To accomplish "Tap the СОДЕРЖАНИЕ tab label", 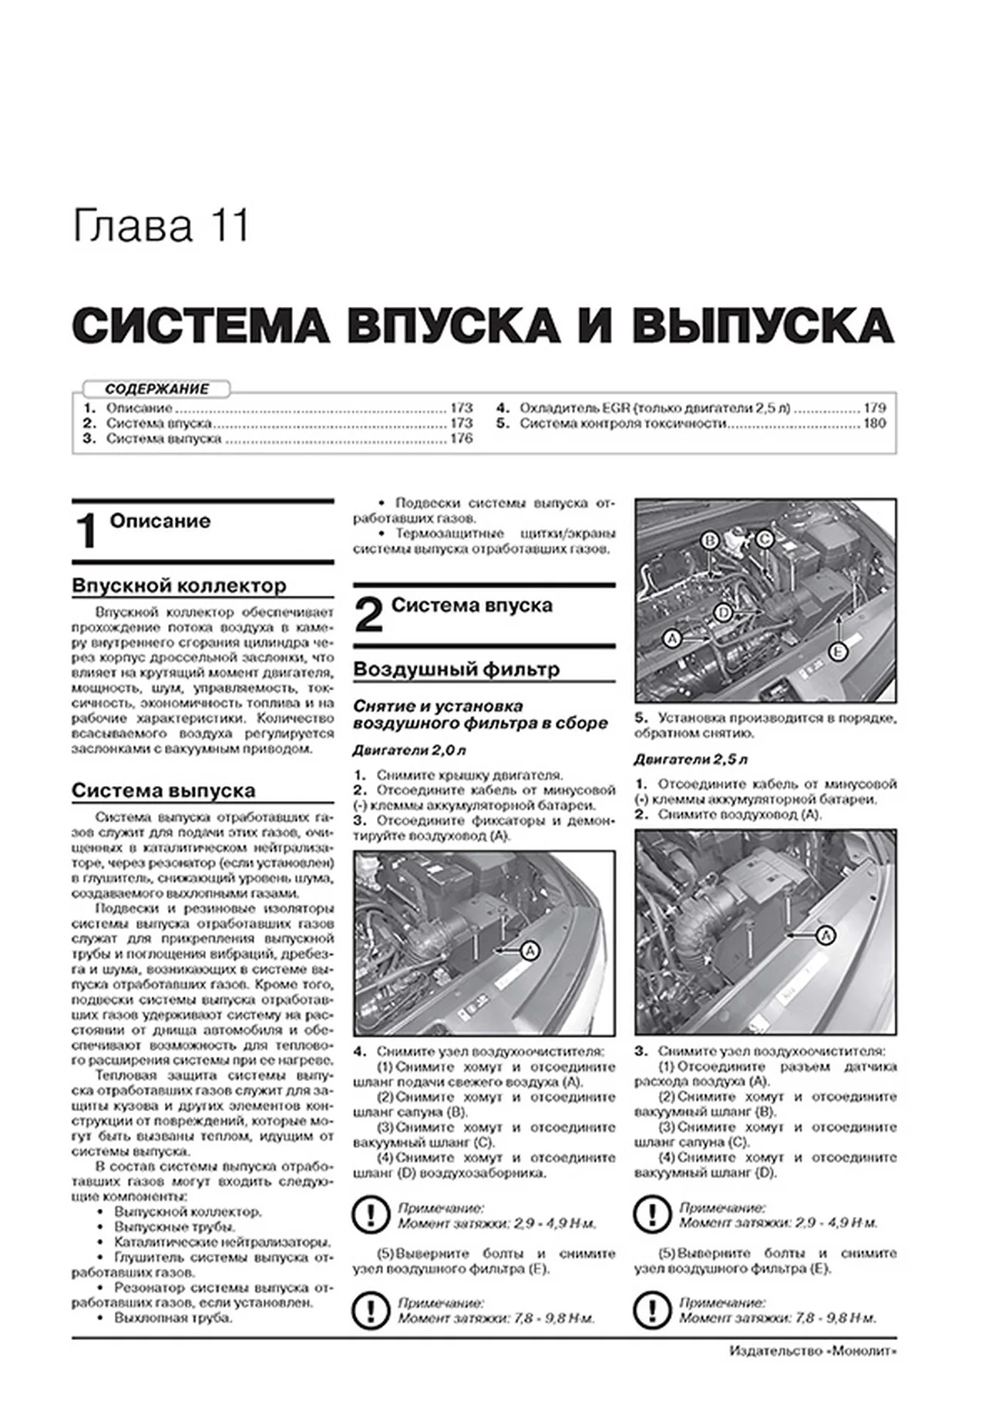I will pos(156,389).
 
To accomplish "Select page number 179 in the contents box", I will pos(875,408).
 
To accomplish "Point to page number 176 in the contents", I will pos(461,439).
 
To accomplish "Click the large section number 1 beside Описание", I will pos(87,531).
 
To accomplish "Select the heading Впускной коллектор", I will pos(179,586).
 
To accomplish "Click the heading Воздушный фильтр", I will pos(456,669).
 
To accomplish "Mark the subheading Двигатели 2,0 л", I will pos(409,750).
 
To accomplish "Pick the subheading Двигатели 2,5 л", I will pos(691,760).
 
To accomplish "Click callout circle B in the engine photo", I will pos(710,540).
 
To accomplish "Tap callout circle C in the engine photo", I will pos(763,540).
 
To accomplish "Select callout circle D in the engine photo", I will pos(722,613).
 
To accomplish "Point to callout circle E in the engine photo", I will pos(838,652).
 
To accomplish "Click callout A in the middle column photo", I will pos(530,952).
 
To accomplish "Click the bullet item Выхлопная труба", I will pos(173,1318).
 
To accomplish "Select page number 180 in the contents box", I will pos(875,423).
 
